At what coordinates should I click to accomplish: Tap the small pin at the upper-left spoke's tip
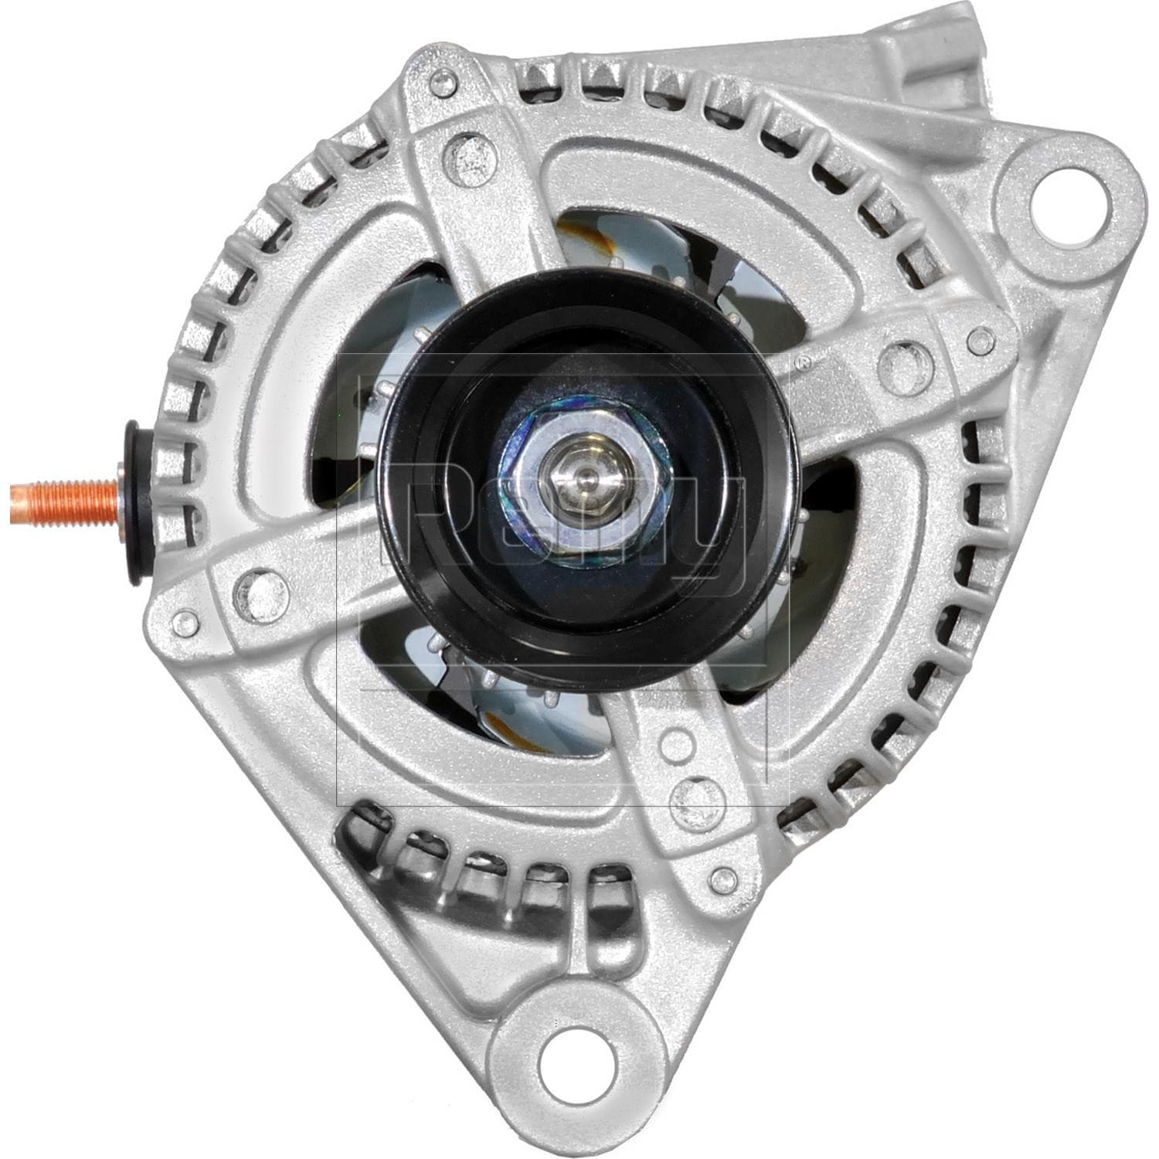(444, 79)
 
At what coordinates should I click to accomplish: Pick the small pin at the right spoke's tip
(982, 338)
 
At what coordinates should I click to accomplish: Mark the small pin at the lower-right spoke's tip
(723, 876)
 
